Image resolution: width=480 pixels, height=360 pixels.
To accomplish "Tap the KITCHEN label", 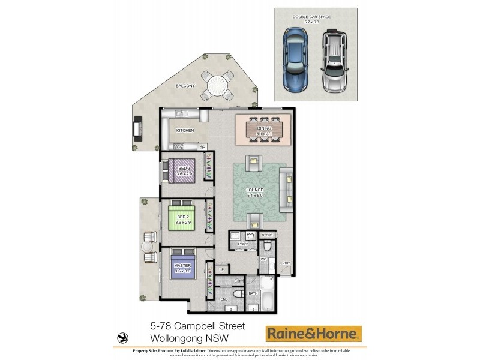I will (x=185, y=130).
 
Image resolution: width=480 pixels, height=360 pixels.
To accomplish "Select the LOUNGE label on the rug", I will (x=255, y=190).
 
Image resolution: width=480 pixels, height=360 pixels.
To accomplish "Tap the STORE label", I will (x=267, y=235).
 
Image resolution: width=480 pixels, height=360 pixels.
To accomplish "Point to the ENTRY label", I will (x=284, y=263).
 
